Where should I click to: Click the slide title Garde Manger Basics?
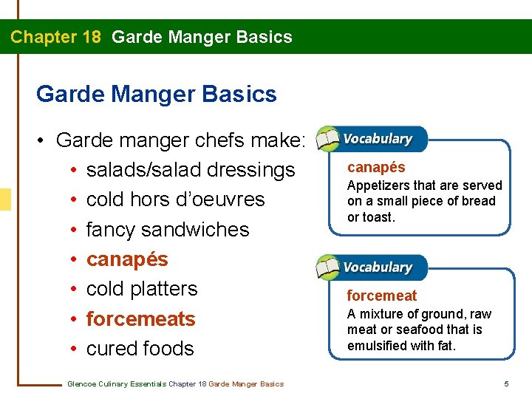(x=156, y=94)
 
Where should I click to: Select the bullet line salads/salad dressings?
(x=190, y=170)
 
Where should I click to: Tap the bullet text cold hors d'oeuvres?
(x=175, y=199)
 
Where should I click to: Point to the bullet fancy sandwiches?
(x=168, y=229)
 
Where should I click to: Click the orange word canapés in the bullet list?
(x=127, y=259)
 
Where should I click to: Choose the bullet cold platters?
(x=142, y=288)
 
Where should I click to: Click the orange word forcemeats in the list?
(x=140, y=318)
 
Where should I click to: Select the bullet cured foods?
(x=140, y=348)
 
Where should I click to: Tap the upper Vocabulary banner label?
(x=378, y=139)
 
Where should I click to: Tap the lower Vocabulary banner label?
(x=378, y=267)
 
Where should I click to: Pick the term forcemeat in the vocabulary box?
(x=382, y=296)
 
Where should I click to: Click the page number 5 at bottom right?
(x=506, y=383)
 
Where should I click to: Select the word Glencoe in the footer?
(x=81, y=383)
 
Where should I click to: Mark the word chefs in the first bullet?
(x=218, y=140)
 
